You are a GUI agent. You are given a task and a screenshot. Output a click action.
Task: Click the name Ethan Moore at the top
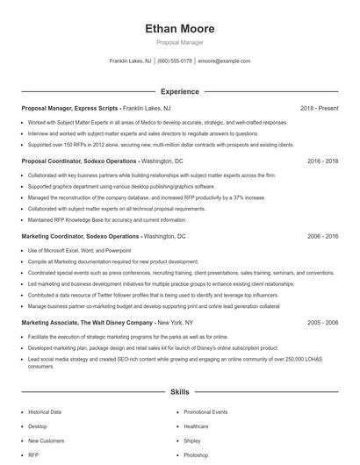pos(179,28)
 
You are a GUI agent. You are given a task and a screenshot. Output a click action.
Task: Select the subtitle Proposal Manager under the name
pos(179,42)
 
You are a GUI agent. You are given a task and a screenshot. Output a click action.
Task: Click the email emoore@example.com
pos(224,61)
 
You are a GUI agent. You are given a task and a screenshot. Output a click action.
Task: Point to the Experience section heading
pos(179,91)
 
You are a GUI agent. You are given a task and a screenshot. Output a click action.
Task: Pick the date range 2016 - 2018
pos(323,162)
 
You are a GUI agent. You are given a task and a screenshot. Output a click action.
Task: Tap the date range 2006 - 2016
pos(323,237)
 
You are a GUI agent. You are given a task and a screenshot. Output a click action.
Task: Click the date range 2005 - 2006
pos(323,323)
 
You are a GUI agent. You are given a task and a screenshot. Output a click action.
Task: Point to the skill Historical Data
pos(45,411)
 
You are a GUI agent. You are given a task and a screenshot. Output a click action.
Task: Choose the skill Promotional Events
pos(205,411)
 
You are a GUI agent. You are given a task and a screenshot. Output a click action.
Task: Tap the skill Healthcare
pos(196,426)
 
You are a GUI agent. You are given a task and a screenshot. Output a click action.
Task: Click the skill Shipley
pos(192,440)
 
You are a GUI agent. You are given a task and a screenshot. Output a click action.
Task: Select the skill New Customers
pos(46,440)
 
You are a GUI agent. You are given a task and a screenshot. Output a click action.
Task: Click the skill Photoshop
pos(196,455)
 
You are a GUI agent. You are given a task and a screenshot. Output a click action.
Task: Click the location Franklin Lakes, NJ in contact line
pos(131,61)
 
